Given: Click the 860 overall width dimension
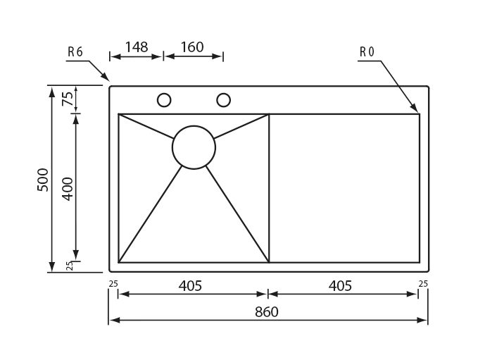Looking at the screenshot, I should point(268,312).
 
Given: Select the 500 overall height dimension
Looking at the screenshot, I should point(43,180).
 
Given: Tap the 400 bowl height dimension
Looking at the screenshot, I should point(68,188).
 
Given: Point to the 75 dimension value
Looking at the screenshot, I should point(68,99).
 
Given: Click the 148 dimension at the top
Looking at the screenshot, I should point(136,47).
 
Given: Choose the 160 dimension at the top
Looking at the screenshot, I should point(191,47).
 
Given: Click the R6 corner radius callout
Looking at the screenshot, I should point(75,52).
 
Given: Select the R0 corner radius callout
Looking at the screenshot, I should point(367,52).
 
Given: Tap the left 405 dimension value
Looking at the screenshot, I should point(190,286).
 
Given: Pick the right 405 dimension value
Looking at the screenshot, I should point(339,286).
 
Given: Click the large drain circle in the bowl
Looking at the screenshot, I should point(194,147).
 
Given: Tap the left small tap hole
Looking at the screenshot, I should point(164,100).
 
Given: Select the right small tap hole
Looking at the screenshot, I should point(223,100).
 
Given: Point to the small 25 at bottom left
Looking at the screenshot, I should point(113,284).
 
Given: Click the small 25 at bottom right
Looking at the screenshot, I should point(422,284).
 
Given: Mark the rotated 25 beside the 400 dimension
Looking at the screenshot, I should point(69,266).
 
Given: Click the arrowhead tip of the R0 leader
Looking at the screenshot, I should point(418,111).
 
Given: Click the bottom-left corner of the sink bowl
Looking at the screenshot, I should point(119,262).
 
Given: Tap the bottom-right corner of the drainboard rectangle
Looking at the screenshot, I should point(420,262).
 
